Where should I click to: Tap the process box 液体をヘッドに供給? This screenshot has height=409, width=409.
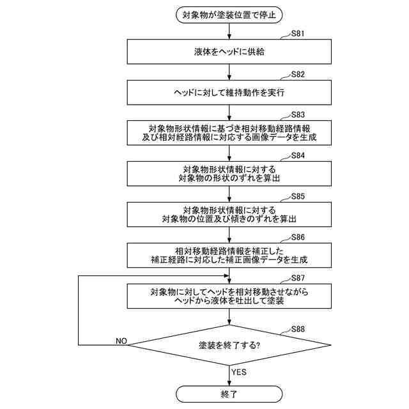229,52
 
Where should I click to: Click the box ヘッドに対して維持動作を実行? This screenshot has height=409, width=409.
229,93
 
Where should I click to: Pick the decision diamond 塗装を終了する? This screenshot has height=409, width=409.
229,345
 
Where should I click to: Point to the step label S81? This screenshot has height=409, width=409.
297,34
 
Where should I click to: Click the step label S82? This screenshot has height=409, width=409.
297,74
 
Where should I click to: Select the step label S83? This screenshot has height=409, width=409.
297,115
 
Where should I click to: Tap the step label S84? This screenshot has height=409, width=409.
297,155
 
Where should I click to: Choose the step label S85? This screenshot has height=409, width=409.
297,196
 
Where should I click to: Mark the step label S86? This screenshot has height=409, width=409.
297,237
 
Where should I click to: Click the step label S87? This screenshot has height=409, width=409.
297,278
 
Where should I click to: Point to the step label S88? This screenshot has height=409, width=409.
297,329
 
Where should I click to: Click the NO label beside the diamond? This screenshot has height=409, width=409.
121,341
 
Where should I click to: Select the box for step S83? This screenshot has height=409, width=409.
229,132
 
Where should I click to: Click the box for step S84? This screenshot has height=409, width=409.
229,173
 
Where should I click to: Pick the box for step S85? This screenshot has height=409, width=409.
229,214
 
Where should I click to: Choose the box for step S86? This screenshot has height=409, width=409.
229,255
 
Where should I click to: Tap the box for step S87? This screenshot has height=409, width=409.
229,296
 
